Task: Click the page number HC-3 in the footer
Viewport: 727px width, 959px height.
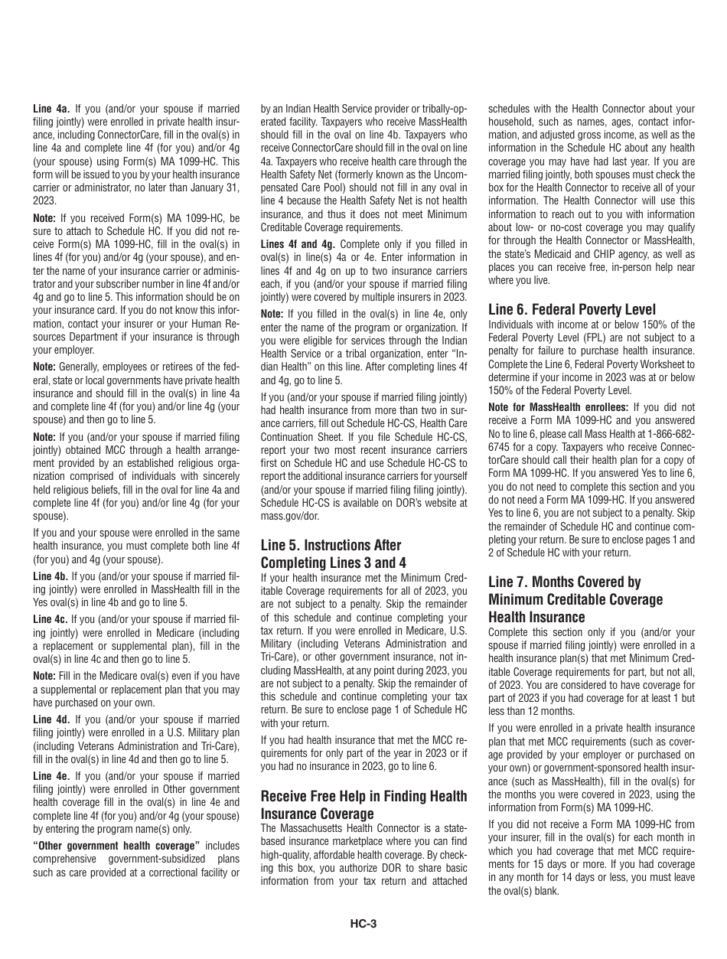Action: pyautogui.click(x=363, y=923)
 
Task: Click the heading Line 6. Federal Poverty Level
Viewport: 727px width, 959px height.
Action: pyautogui.click(x=572, y=309)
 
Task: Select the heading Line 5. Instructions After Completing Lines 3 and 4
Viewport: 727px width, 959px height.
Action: pyautogui.click(x=331, y=553)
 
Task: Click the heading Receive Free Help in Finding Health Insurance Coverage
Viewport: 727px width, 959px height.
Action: pyautogui.click(x=363, y=804)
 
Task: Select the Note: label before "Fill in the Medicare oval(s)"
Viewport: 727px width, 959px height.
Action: pyautogui.click(x=44, y=676)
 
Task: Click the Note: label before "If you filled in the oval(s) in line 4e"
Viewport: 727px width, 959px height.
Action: pyautogui.click(x=272, y=314)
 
